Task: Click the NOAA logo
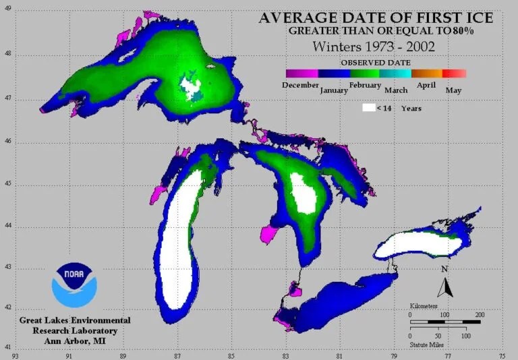pyautogui.click(x=74, y=286)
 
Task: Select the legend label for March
pyautogui.click(x=396, y=90)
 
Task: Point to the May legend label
pyautogui.click(x=453, y=90)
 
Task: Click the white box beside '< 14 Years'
pyautogui.click(x=368, y=108)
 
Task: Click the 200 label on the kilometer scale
pyautogui.click(x=480, y=315)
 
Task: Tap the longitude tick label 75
pyautogui.click(x=500, y=353)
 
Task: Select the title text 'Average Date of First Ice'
pyautogui.click(x=376, y=17)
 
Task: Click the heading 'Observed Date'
pyautogui.click(x=376, y=61)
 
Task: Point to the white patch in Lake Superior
pyautogui.click(x=190, y=86)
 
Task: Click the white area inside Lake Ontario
pyautogui.click(x=418, y=243)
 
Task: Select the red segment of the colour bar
pyautogui.click(x=455, y=73)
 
